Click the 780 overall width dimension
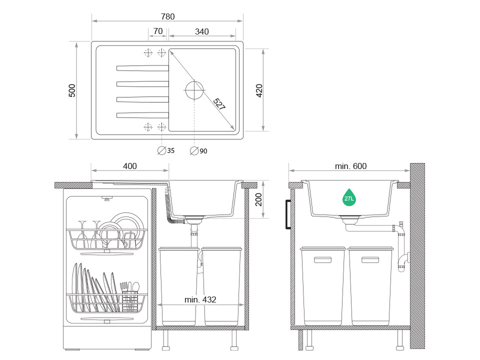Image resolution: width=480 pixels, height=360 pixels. tap(168, 16)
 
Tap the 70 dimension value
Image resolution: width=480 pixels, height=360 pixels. tap(158, 31)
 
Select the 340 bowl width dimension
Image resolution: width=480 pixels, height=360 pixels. tap(201, 31)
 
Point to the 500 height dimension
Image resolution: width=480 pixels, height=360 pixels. tap(72, 90)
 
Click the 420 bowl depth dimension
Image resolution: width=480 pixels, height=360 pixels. tap(259, 90)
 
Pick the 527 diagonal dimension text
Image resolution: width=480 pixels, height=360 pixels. tap(219, 104)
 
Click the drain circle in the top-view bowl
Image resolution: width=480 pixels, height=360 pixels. tap(194, 90)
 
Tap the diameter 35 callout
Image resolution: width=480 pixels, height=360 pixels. tap(166, 150)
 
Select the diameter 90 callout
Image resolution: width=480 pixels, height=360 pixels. tap(198, 151)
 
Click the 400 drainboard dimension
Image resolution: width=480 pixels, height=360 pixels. tap(130, 166)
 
